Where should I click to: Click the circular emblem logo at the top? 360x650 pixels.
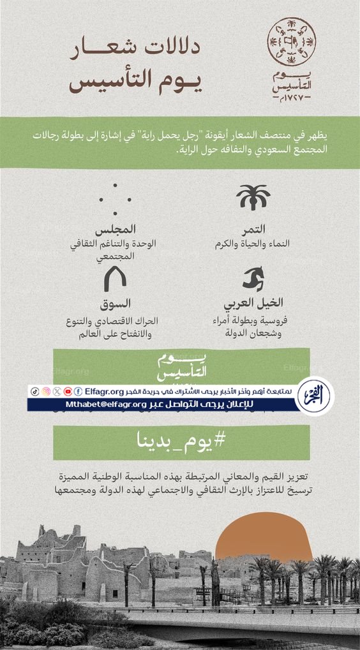(x=291, y=42)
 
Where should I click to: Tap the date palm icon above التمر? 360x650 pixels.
(x=253, y=198)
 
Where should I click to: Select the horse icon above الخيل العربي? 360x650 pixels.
(x=253, y=279)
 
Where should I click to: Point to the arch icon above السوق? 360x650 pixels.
(x=116, y=279)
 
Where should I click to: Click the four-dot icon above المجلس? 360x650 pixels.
(x=115, y=198)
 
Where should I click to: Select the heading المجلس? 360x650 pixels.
(x=116, y=229)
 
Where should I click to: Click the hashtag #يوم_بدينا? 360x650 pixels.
(x=181, y=441)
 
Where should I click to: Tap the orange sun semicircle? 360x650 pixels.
(x=263, y=539)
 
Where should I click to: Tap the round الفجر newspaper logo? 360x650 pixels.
(x=315, y=396)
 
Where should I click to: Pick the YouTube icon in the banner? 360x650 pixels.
(x=68, y=391)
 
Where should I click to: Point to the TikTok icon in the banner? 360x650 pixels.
(x=35, y=391)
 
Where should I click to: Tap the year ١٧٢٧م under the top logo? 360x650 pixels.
(x=291, y=101)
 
